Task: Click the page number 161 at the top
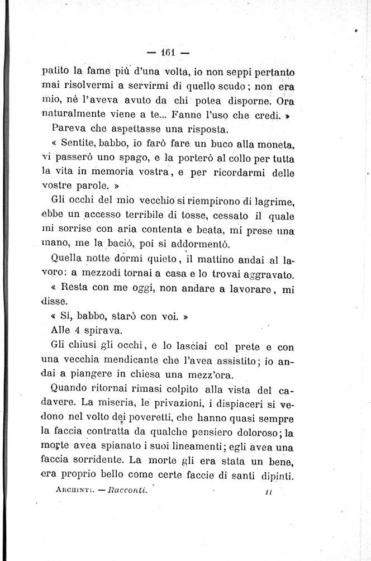pos(168,53)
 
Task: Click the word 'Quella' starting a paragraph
pos(67,259)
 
